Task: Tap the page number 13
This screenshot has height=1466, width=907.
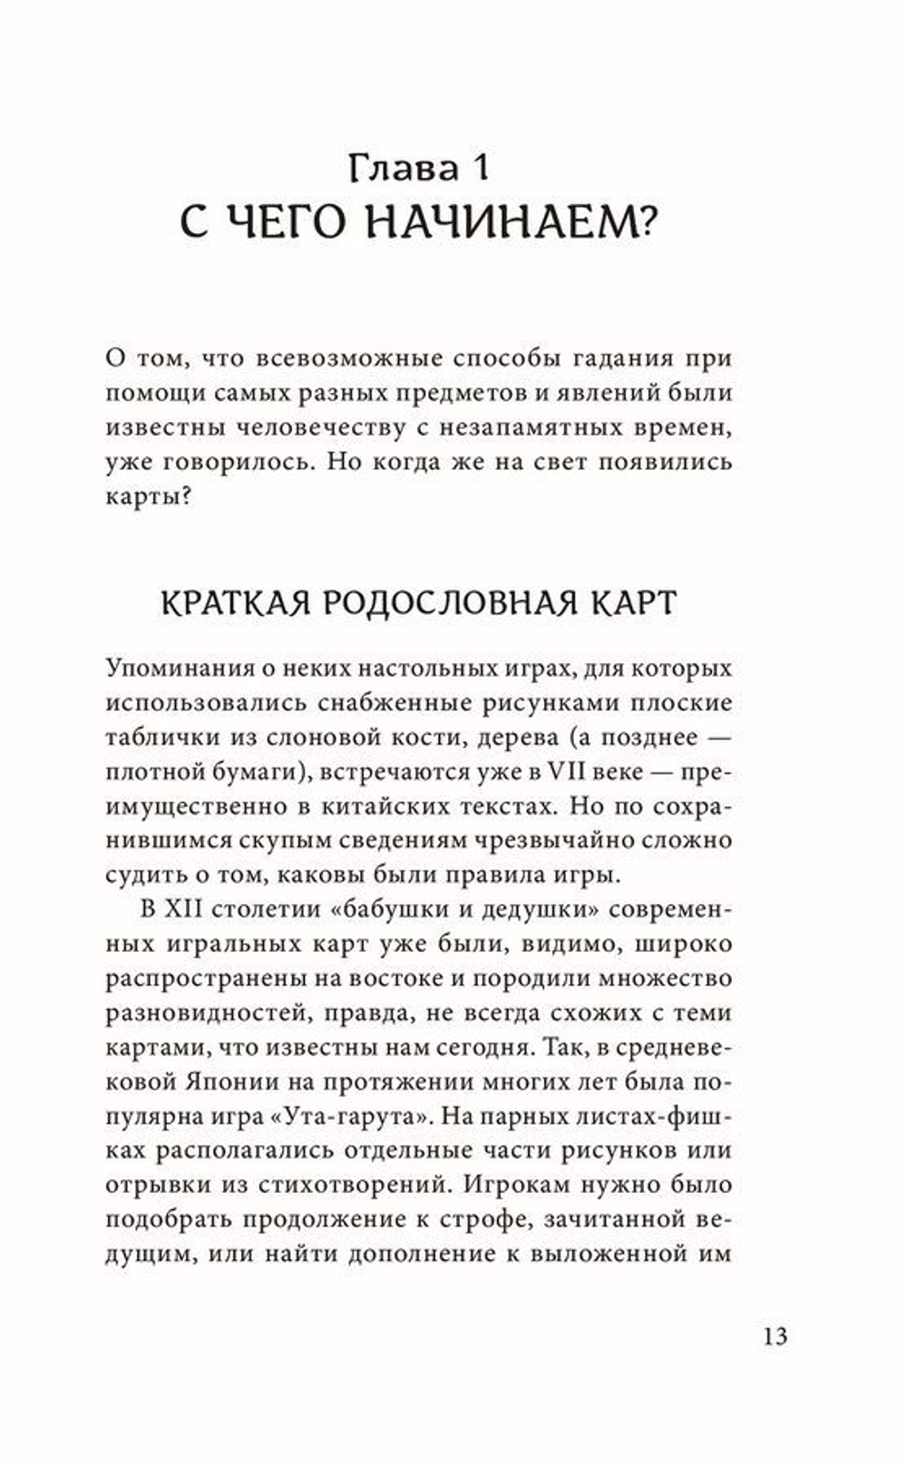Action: tap(775, 1336)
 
